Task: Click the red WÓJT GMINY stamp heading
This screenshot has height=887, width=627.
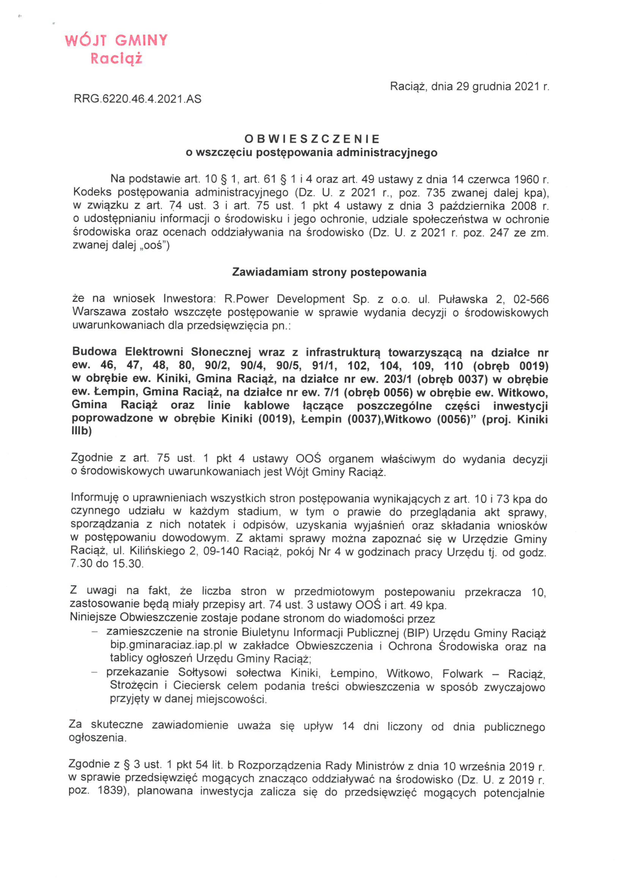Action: pyautogui.click(x=116, y=41)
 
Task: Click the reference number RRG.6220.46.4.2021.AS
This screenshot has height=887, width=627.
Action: pyautogui.click(x=137, y=99)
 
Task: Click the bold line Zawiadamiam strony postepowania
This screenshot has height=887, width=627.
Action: pyautogui.click(x=329, y=272)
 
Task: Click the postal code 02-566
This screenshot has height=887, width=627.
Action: pyautogui.click(x=531, y=299)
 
